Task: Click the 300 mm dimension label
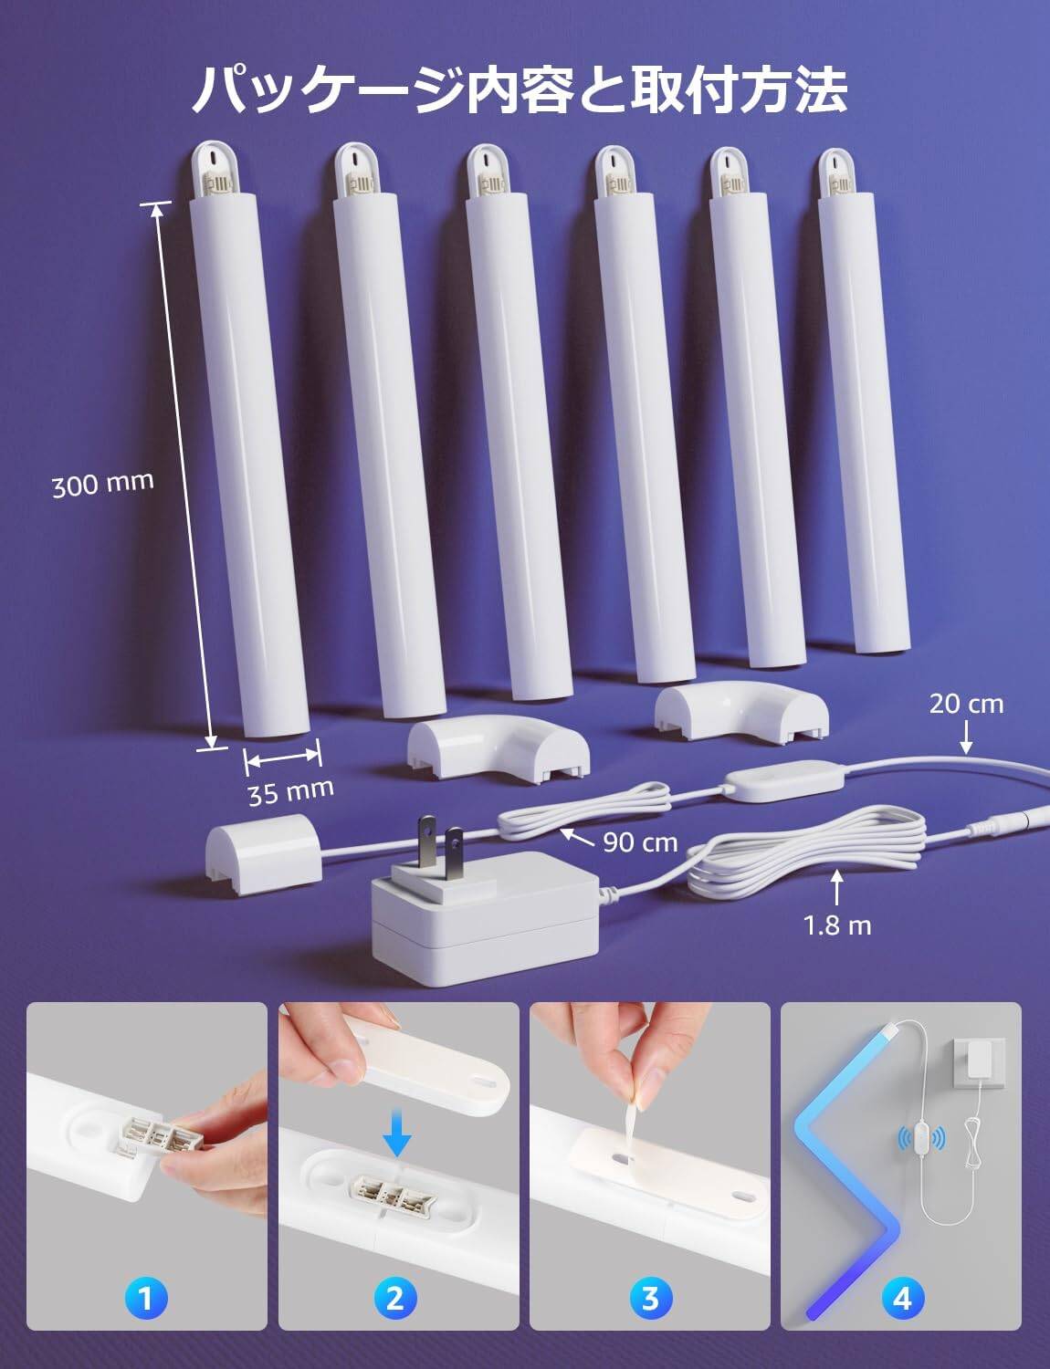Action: pos(103,484)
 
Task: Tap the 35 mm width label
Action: pos(290,791)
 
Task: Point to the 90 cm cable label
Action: pos(640,842)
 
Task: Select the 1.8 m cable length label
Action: pos(837,925)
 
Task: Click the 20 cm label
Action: pos(966,704)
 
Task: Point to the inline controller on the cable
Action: pos(782,780)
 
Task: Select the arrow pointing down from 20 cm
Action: pos(967,737)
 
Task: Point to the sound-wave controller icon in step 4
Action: pos(920,1137)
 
